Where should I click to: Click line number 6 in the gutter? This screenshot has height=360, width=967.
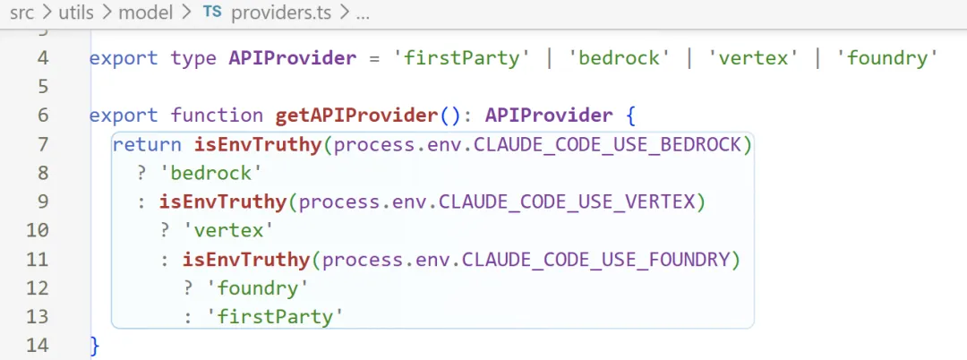(44, 116)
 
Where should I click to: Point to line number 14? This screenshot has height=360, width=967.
(38, 345)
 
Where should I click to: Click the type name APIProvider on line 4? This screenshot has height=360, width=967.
(293, 58)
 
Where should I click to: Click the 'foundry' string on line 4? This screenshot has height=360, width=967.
(886, 58)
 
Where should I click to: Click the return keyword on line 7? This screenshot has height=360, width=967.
(147, 144)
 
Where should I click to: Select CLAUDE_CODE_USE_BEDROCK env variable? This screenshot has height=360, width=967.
(612, 144)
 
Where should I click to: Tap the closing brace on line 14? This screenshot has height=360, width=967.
(95, 345)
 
